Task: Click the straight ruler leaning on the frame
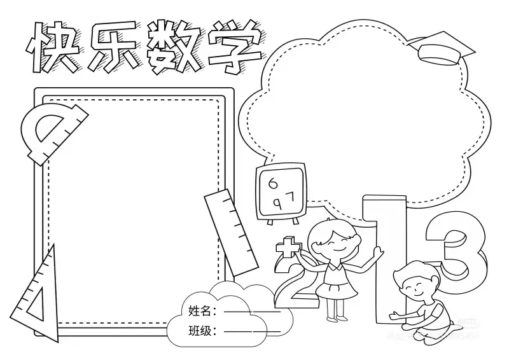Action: click(230, 232)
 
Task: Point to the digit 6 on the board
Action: click(274, 184)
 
